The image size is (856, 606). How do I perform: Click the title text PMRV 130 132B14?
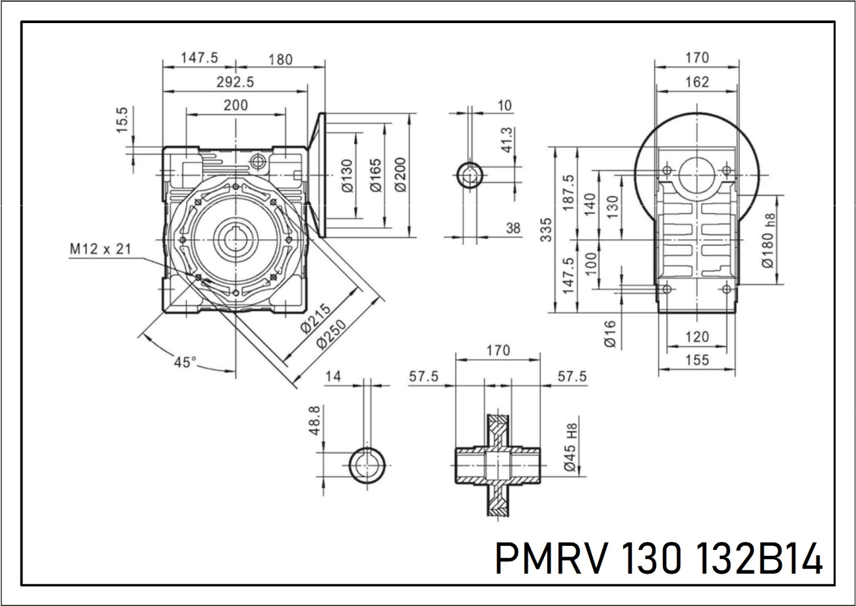tap(658, 560)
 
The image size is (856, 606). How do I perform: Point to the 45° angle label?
tap(185, 362)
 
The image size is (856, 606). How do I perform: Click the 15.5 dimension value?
tap(123, 120)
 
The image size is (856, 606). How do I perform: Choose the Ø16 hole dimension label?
tap(610, 333)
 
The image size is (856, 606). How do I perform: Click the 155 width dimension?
tap(696, 360)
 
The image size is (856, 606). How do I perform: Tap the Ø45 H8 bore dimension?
tap(572, 447)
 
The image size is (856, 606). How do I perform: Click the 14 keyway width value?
tap(334, 377)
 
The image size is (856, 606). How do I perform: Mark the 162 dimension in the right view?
tap(696, 82)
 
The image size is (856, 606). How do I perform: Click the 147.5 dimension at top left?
tap(199, 57)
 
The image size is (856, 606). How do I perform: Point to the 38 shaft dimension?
tap(512, 228)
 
